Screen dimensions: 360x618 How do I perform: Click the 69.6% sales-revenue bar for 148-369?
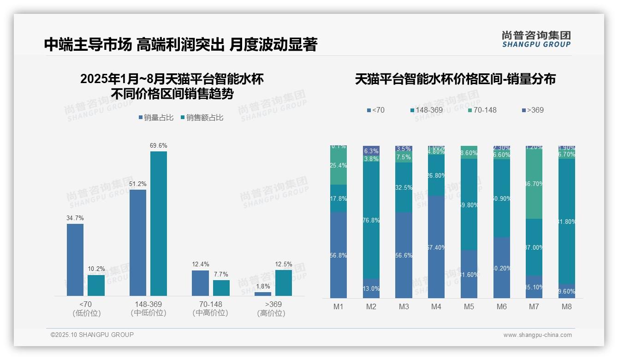pos(158,223)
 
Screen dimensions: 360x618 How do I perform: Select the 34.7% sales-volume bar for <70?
pos(75,259)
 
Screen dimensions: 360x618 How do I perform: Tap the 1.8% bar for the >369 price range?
pos(263,294)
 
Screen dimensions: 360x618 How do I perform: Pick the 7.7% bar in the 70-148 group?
pos(221,288)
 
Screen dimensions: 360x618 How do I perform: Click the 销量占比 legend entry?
pos(156,118)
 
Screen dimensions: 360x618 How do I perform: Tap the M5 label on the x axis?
pos(469,307)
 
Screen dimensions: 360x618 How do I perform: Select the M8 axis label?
pos(567,307)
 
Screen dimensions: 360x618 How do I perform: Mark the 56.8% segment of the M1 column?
pos(339,255)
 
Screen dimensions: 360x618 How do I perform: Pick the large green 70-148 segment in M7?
pos(534,184)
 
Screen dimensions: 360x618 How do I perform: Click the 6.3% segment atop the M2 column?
pos(371,150)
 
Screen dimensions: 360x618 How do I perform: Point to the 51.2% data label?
pos(138,184)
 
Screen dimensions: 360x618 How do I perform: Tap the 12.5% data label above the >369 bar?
pos(284,264)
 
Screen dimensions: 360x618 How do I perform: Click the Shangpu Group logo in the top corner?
pos(536,39)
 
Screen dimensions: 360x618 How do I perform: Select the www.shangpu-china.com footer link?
pos(537,335)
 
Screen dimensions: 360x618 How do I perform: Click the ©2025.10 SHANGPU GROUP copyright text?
pos(92,335)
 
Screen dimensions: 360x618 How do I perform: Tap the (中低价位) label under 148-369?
pos(149,313)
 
